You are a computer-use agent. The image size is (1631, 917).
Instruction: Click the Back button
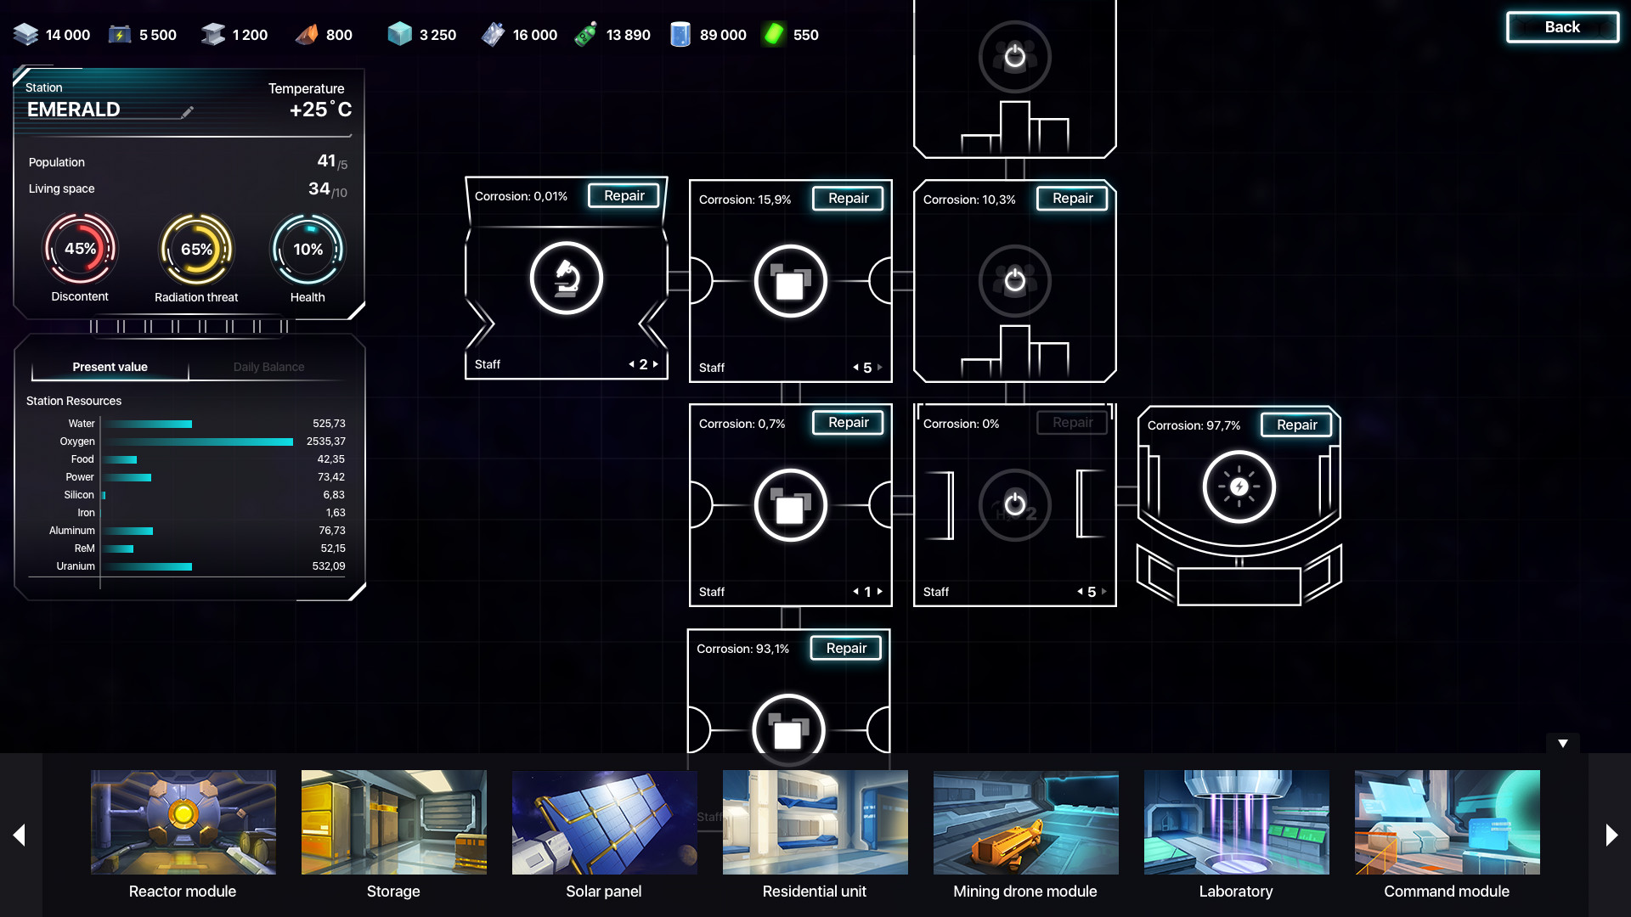pyautogui.click(x=1562, y=27)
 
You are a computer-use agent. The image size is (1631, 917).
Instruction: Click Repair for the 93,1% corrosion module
pyautogui.click(x=846, y=648)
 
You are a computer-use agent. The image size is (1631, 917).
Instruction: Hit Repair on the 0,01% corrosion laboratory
pyautogui.click(x=624, y=195)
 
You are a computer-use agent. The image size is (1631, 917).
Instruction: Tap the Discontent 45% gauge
pyautogui.click(x=80, y=249)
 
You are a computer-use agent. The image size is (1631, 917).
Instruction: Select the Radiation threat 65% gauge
pyautogui.click(x=196, y=250)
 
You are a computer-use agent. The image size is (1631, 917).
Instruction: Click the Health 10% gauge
pyautogui.click(x=308, y=250)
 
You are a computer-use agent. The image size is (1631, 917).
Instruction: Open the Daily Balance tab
pyautogui.click(x=268, y=367)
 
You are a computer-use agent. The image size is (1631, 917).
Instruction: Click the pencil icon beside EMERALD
pyautogui.click(x=187, y=111)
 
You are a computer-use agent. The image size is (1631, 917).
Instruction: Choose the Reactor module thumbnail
pyautogui.click(x=183, y=822)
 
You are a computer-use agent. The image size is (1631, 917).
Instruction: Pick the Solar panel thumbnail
pyautogui.click(x=604, y=822)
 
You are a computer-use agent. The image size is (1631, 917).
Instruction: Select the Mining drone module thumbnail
pyautogui.click(x=1025, y=822)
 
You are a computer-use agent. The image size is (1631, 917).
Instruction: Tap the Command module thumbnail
pyautogui.click(x=1447, y=822)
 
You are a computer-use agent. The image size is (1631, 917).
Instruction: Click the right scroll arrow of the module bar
pyautogui.click(x=1611, y=835)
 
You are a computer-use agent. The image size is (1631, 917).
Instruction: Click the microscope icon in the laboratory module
pyautogui.click(x=567, y=278)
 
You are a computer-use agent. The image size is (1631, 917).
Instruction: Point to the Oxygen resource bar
pyautogui.click(x=199, y=442)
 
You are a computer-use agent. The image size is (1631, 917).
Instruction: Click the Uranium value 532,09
pyautogui.click(x=329, y=566)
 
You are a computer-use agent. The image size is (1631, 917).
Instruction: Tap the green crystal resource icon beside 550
pyautogui.click(x=773, y=34)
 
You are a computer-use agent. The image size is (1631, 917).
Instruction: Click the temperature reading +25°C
pyautogui.click(x=320, y=110)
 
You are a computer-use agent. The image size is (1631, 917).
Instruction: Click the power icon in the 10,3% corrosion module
pyautogui.click(x=1014, y=280)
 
